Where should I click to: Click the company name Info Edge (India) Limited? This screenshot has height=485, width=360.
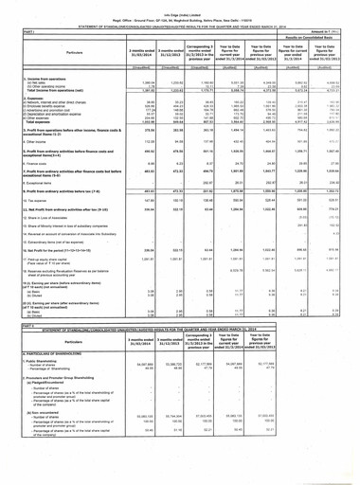[179, 5]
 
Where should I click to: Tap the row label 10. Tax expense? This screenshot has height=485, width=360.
[25, 241]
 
